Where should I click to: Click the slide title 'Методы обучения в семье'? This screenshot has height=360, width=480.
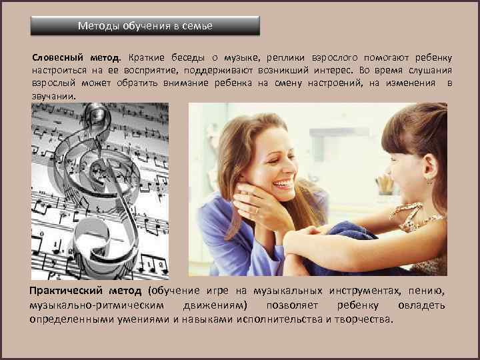click(145, 26)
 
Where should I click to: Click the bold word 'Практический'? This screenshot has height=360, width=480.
click(65, 291)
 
